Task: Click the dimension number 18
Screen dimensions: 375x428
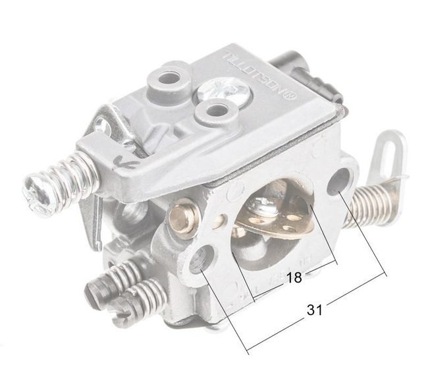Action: point(294,278)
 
